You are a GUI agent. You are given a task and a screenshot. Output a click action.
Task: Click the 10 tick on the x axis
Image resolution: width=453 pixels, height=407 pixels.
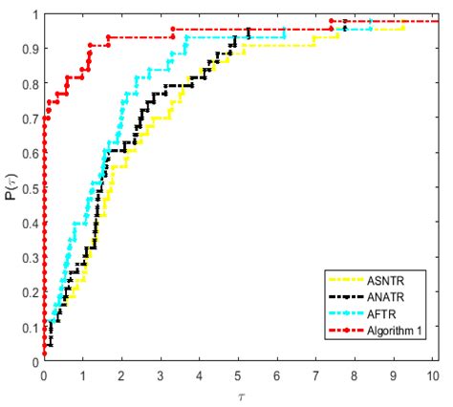click(x=431, y=374)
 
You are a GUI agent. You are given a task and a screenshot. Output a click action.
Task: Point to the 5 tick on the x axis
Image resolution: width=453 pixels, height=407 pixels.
click(x=238, y=374)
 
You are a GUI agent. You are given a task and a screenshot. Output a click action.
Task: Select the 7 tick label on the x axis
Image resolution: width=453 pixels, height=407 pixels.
click(x=315, y=374)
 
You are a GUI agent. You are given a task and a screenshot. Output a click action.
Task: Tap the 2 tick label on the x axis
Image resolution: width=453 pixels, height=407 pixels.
click(x=121, y=374)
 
